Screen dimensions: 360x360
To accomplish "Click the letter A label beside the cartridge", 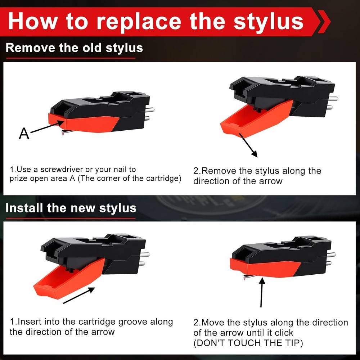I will [24, 133].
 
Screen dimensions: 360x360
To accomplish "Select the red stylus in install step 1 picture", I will [68, 278].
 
